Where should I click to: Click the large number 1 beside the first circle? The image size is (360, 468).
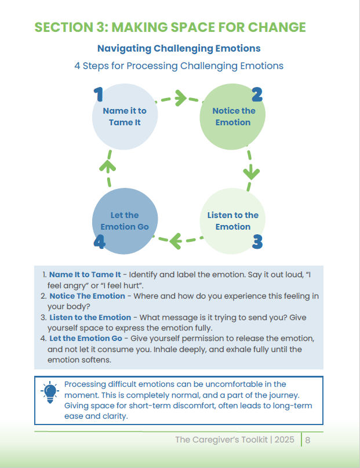[x=99, y=95]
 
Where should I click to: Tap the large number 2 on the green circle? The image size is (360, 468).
[x=257, y=95]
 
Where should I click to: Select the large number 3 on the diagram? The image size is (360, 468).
[x=257, y=242]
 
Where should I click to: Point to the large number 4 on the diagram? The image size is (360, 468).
[x=100, y=242]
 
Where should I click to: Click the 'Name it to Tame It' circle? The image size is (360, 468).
[x=125, y=117]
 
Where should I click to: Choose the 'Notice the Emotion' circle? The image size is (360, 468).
[x=232, y=117]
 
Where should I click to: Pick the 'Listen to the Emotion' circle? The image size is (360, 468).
[x=232, y=221]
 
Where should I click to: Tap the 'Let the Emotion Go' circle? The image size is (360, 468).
[x=125, y=221]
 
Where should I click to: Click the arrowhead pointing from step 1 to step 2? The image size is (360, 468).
[x=180, y=98]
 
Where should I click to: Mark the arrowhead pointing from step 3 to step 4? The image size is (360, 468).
[x=176, y=241]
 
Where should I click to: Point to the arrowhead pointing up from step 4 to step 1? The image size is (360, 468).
[x=107, y=166]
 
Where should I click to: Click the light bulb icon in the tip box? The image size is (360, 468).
[x=50, y=392]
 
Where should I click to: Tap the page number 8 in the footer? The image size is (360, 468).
[x=308, y=440]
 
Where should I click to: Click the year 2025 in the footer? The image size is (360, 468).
[x=284, y=440]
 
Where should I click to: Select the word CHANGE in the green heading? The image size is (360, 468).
[x=277, y=27]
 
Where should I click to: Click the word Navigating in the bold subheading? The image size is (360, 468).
[x=124, y=49]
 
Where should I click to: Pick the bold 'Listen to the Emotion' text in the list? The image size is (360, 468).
[x=90, y=317]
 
